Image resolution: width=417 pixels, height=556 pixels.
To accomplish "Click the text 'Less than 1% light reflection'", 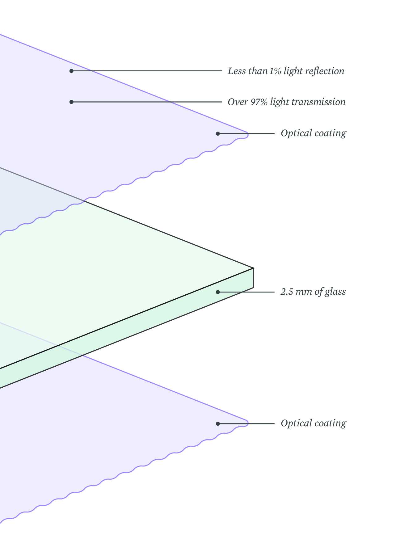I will pos(286,71).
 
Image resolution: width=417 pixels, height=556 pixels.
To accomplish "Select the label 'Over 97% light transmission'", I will pos(286,102).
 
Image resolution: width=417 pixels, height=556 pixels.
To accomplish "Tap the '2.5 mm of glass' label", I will pos(313,292).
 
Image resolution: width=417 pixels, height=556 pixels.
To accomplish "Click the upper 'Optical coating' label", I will pos(313,133).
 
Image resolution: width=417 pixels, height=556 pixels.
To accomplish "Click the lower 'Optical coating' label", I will pos(313,423).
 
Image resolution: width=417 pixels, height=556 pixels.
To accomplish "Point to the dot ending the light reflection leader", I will pos(71,71).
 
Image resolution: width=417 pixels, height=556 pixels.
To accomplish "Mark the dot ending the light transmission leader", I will pos(71,102).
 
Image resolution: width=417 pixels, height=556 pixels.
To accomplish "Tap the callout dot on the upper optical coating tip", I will pos(218,134).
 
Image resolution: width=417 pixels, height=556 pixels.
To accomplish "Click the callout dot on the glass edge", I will pos(218,292).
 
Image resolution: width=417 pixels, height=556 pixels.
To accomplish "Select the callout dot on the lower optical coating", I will pos(218,424).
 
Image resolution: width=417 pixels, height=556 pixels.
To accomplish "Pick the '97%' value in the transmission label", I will pos(259,102).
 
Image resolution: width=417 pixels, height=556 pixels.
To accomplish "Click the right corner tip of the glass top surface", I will pos(253,268).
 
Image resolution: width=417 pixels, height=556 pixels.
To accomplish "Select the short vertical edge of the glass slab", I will pos(253,278).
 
